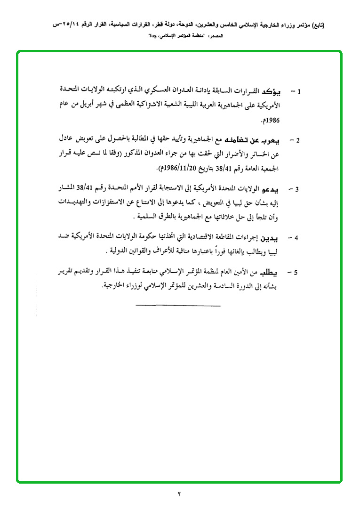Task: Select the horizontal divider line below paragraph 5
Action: tap(178, 307)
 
